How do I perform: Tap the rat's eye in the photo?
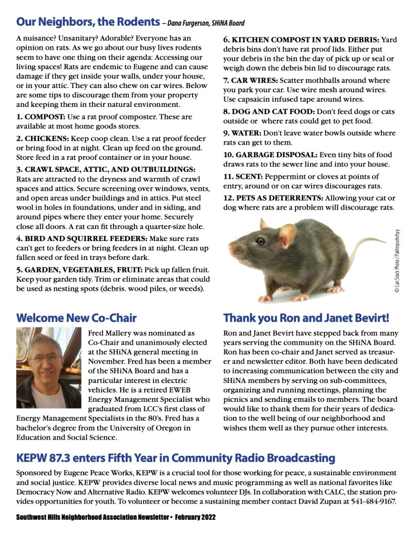pos(261,242)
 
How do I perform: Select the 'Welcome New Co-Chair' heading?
pos(77,318)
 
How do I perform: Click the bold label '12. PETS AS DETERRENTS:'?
pos(273,198)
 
